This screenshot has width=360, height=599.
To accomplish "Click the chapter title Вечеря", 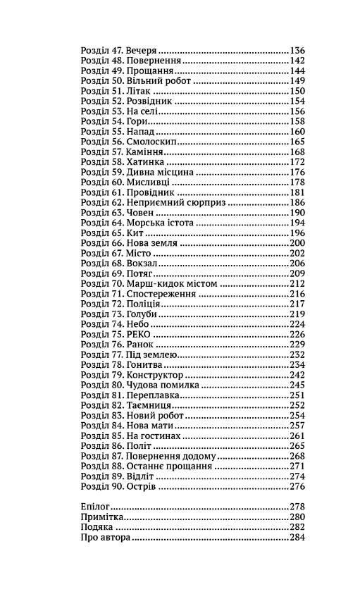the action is (142, 51).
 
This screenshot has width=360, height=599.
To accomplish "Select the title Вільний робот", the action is (159, 81).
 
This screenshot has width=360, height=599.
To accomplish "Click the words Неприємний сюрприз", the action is (176, 202).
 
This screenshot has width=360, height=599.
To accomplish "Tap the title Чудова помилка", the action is (163, 385).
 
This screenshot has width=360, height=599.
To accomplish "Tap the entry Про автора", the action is (106, 537).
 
